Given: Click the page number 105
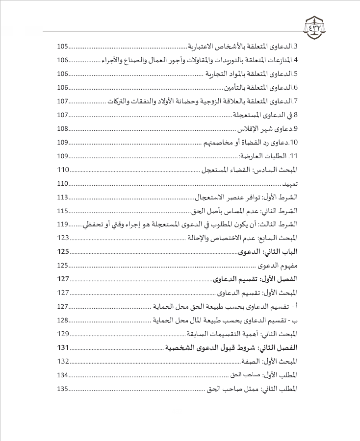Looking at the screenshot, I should click(63, 47).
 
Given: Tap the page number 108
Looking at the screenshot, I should click(63, 129).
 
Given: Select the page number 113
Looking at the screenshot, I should click(63, 197).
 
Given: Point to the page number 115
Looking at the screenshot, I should click(63, 211).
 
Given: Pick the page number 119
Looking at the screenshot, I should click(63, 224).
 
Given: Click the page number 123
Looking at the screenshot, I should click(63, 238).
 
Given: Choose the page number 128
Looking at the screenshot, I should click(63, 320).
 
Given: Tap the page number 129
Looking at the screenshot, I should click(63, 334).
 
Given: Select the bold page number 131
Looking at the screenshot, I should click(63, 347).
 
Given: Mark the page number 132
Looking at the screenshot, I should click(63, 361).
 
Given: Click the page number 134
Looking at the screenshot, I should click(63, 375).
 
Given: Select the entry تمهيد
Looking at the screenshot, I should click(289, 184).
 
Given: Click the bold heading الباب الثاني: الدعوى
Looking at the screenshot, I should click(268, 252).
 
